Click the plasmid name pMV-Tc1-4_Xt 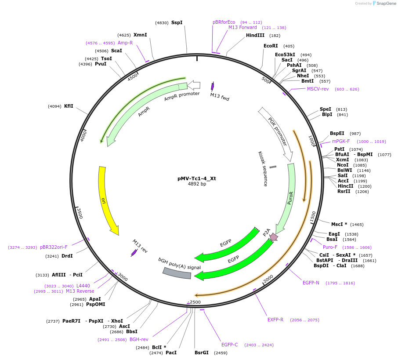tap(197, 178)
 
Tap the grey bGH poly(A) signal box tap(177, 273)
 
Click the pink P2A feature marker tap(273, 237)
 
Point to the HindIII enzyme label tap(255, 36)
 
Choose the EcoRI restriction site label tap(271, 46)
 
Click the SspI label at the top tap(177, 22)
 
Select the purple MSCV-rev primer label tap(318, 89)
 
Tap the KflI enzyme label tap(69, 106)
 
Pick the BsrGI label tap(202, 353)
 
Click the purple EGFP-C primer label tap(229, 345)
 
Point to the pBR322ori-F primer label tap(54, 247)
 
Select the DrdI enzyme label tap(67, 256)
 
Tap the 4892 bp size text tap(197, 184)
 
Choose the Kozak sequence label tap(262, 169)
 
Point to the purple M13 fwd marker tap(213, 86)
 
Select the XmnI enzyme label tap(140, 35)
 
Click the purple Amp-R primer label tap(125, 43)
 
